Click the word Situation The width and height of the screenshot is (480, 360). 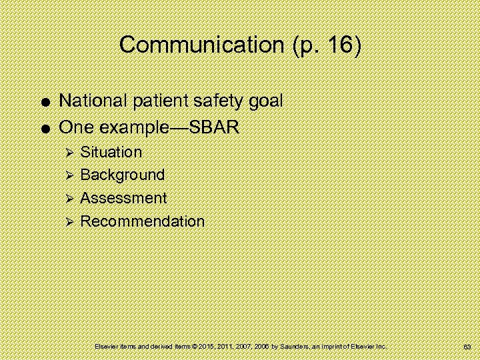(111, 152)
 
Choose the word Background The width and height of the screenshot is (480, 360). (122, 175)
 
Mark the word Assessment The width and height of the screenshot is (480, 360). (123, 198)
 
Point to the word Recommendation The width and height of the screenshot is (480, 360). (142, 221)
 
